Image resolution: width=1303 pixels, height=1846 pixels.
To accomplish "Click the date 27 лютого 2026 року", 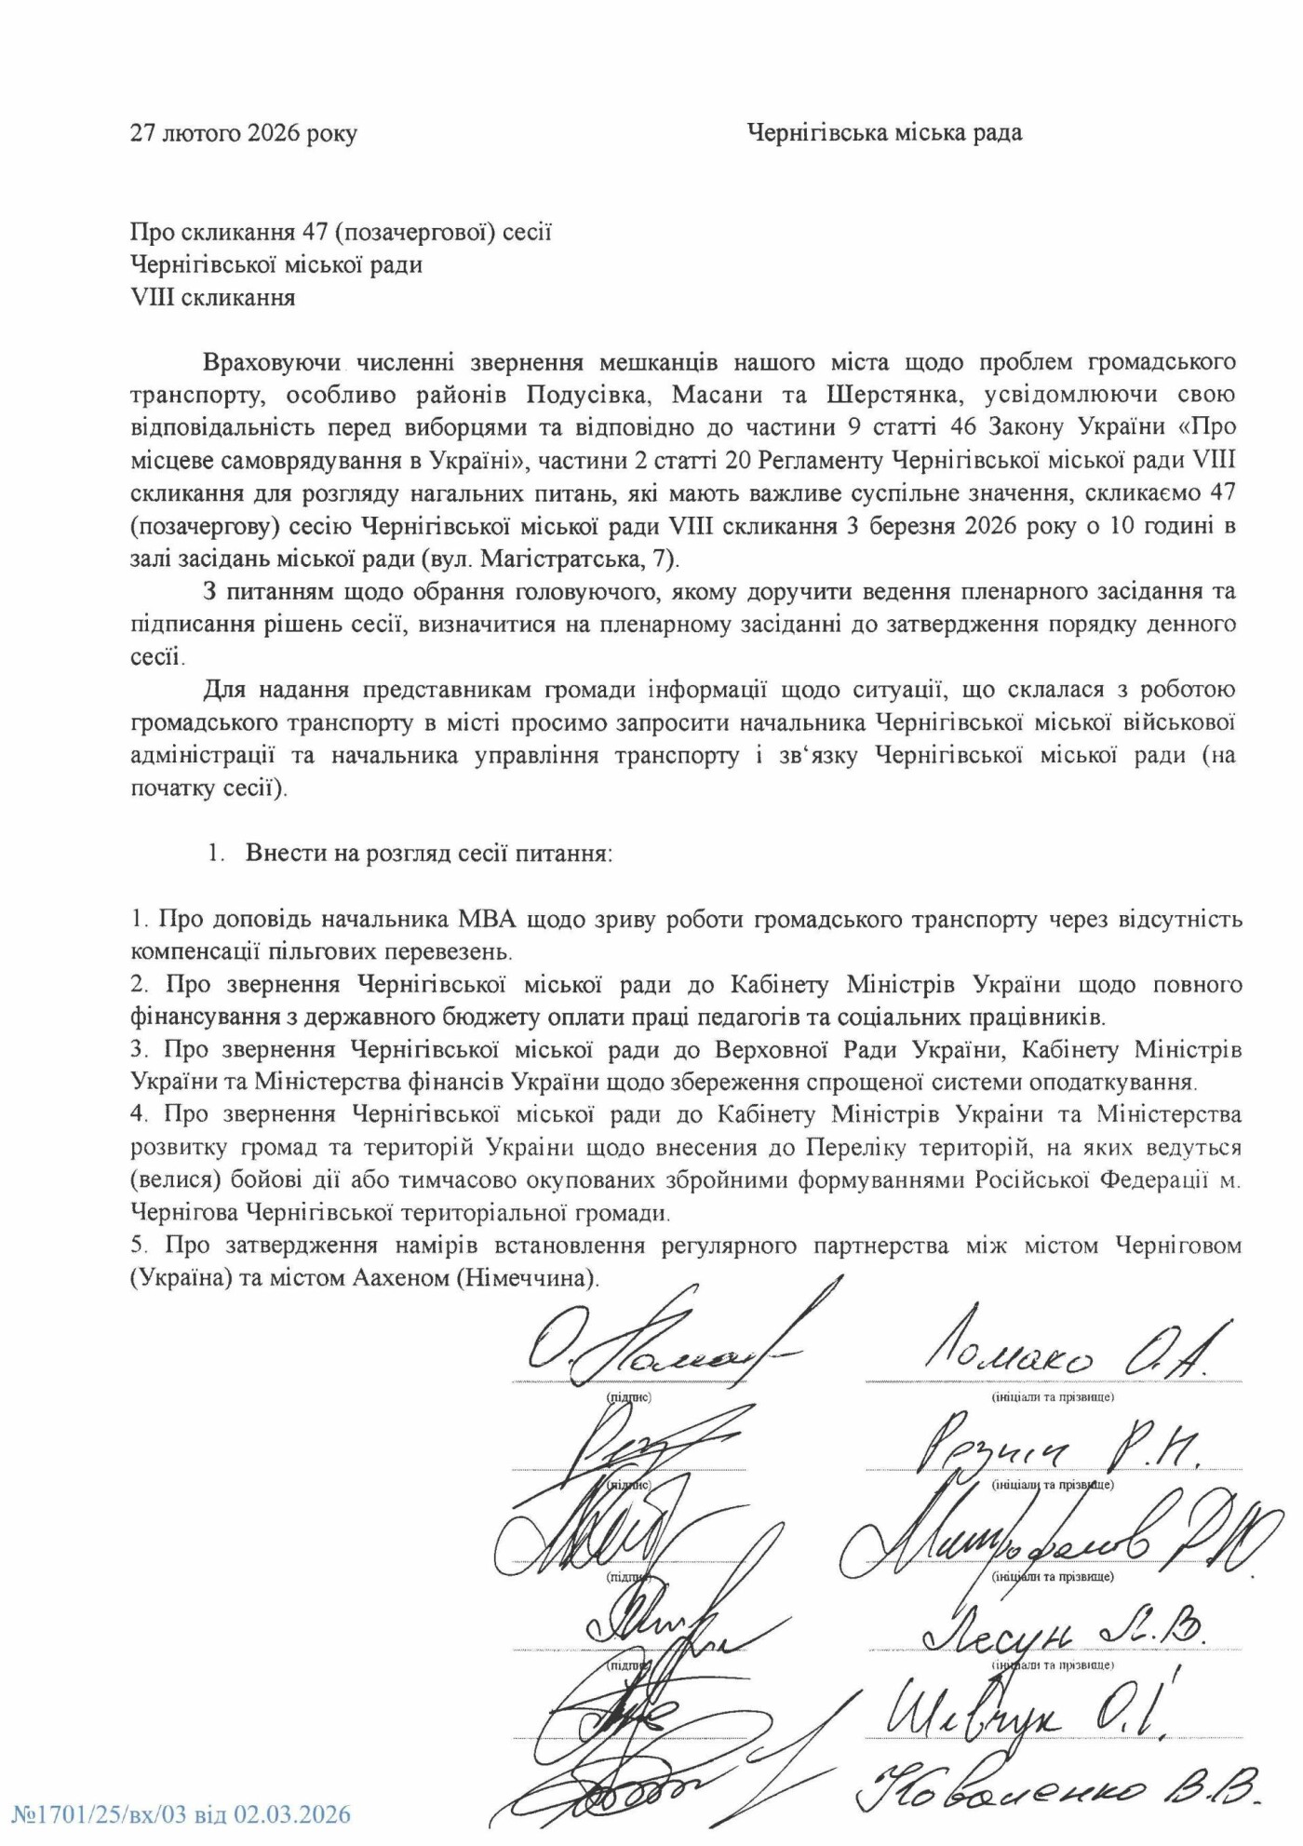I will (243, 133).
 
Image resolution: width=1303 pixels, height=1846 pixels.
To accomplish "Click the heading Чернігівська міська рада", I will (884, 132).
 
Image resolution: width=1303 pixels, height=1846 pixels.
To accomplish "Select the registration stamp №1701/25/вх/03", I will (181, 1813).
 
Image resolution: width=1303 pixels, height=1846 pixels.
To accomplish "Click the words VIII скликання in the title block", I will (213, 298).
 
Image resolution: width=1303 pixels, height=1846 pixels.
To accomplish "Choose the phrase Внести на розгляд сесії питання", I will (428, 853).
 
